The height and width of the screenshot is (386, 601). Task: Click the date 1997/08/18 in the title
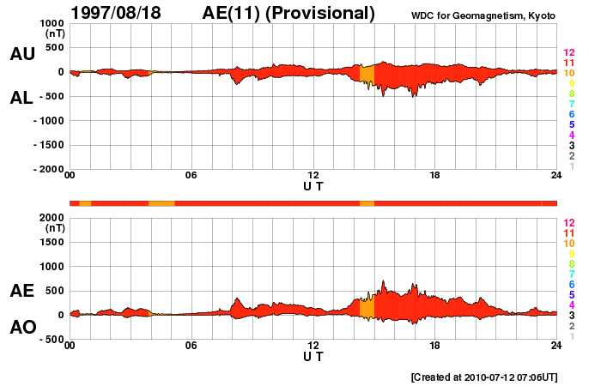point(122,13)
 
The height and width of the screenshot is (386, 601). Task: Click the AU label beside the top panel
point(22,54)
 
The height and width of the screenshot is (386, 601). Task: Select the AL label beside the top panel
point(22,98)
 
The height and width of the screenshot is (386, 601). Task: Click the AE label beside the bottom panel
point(22,291)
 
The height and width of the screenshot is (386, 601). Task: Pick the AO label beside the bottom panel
point(22,328)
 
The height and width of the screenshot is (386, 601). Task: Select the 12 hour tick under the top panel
point(313,176)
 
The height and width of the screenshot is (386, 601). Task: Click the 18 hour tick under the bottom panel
point(435,346)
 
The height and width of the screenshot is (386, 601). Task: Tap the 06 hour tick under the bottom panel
point(191,346)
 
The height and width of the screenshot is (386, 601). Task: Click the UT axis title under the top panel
point(313,186)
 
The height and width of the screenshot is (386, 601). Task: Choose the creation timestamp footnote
point(484,377)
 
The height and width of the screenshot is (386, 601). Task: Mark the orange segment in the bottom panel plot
point(367,307)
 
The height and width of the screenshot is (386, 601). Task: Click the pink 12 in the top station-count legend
point(568,53)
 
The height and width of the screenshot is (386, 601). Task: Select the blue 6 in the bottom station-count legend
point(568,284)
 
